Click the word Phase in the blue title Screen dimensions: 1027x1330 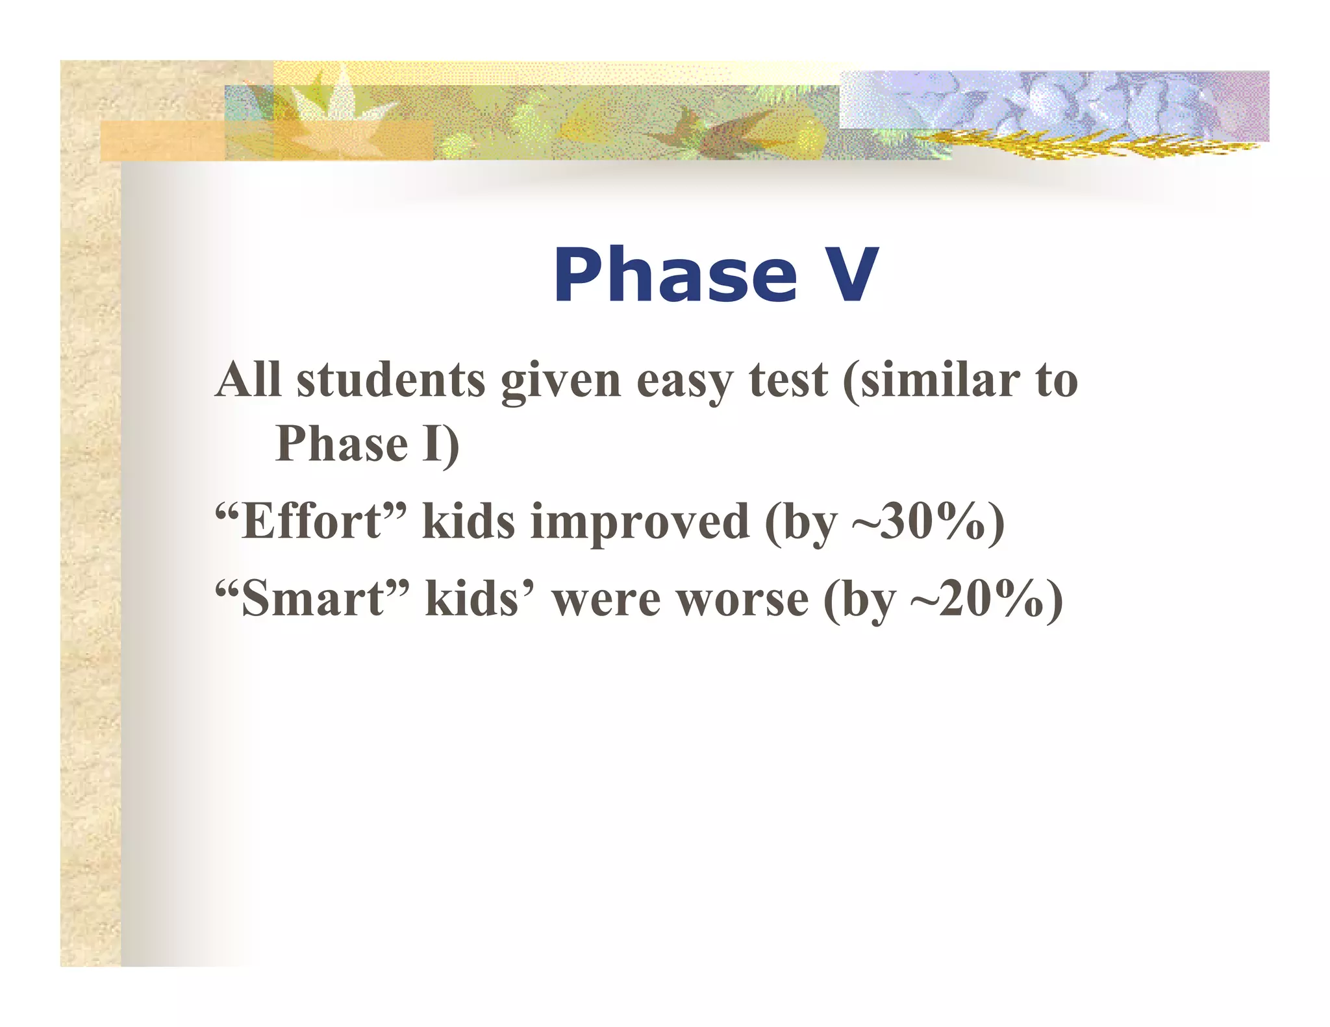(x=675, y=275)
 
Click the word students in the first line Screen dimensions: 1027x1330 (x=390, y=380)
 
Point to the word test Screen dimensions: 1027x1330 (x=788, y=380)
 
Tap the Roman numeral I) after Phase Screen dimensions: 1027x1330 (x=440, y=445)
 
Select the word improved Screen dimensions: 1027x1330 (x=640, y=523)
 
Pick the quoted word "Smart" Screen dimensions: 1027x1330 (x=312, y=598)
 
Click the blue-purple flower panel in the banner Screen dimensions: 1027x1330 (x=1052, y=101)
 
